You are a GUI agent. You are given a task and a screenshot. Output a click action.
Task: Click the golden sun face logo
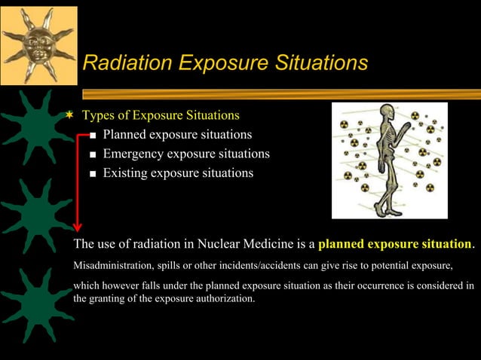38,35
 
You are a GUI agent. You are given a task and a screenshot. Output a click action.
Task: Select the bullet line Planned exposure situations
177,135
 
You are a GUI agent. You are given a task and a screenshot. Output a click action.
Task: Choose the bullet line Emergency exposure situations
186,154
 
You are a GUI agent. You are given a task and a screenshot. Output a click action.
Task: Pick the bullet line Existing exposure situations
178,173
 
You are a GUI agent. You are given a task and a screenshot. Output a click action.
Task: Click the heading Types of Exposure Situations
161,115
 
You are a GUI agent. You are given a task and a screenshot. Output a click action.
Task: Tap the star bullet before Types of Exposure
70,115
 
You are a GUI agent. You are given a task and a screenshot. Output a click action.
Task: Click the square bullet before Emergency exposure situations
92,155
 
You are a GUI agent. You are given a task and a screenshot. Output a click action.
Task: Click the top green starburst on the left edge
32,127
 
